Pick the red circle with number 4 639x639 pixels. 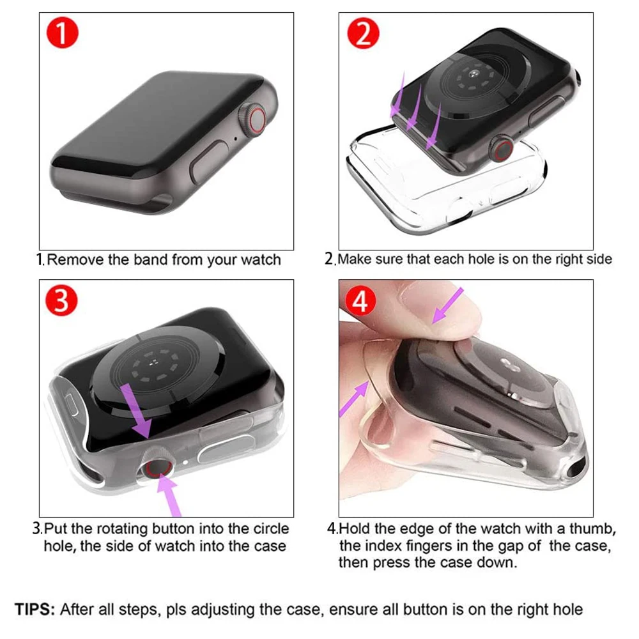361,301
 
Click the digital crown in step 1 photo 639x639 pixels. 254,119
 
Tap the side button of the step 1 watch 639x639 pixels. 210,163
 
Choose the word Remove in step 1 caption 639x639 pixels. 72,259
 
